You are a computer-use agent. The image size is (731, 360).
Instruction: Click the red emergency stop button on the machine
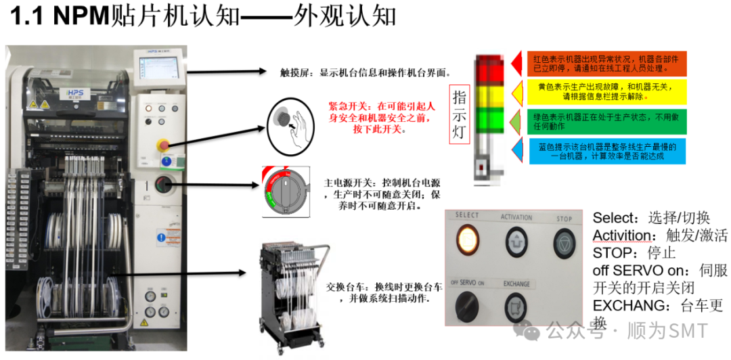tap(162, 145)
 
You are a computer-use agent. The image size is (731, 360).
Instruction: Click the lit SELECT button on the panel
tap(466, 238)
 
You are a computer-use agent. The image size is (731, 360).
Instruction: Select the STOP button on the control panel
tap(563, 240)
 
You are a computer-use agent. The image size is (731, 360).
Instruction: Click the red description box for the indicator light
tap(607, 63)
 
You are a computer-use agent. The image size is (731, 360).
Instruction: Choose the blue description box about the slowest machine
tap(607, 151)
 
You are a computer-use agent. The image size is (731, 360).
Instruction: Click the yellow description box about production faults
tap(607, 91)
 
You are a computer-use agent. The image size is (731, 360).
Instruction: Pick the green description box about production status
tap(607, 121)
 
